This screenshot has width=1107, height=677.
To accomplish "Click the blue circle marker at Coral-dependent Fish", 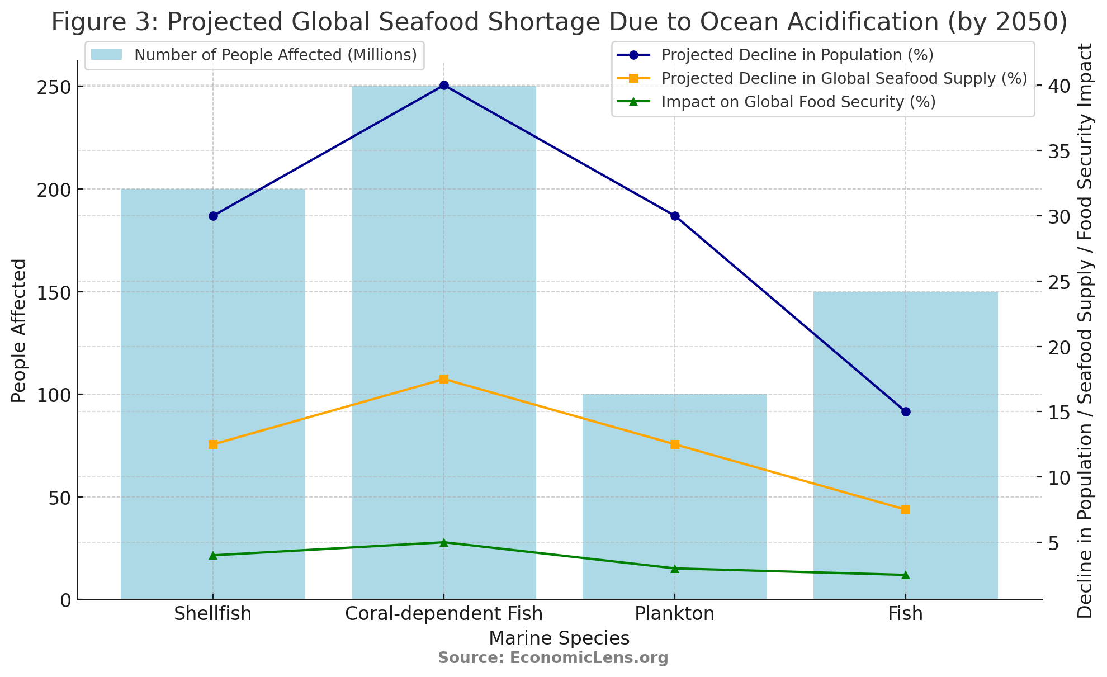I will click(444, 86).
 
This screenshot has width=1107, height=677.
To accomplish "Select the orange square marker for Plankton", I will click(675, 444).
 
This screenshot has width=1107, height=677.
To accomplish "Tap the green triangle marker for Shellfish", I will click(213, 555).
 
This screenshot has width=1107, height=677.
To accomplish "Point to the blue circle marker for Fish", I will click(906, 412).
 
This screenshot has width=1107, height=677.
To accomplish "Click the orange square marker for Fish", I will click(906, 510).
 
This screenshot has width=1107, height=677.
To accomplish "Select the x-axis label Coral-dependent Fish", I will click(444, 614).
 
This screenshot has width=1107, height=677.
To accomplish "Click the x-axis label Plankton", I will click(675, 614).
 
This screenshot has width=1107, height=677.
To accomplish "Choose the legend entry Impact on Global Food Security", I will click(798, 102).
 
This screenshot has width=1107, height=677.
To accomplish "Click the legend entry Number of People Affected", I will click(275, 55).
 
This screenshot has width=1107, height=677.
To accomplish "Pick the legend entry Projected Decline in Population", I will click(797, 55).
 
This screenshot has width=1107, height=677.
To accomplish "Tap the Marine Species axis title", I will click(559, 638).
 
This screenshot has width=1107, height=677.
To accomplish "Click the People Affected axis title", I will click(19, 331).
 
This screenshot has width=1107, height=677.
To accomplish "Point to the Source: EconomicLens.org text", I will click(553, 658).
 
